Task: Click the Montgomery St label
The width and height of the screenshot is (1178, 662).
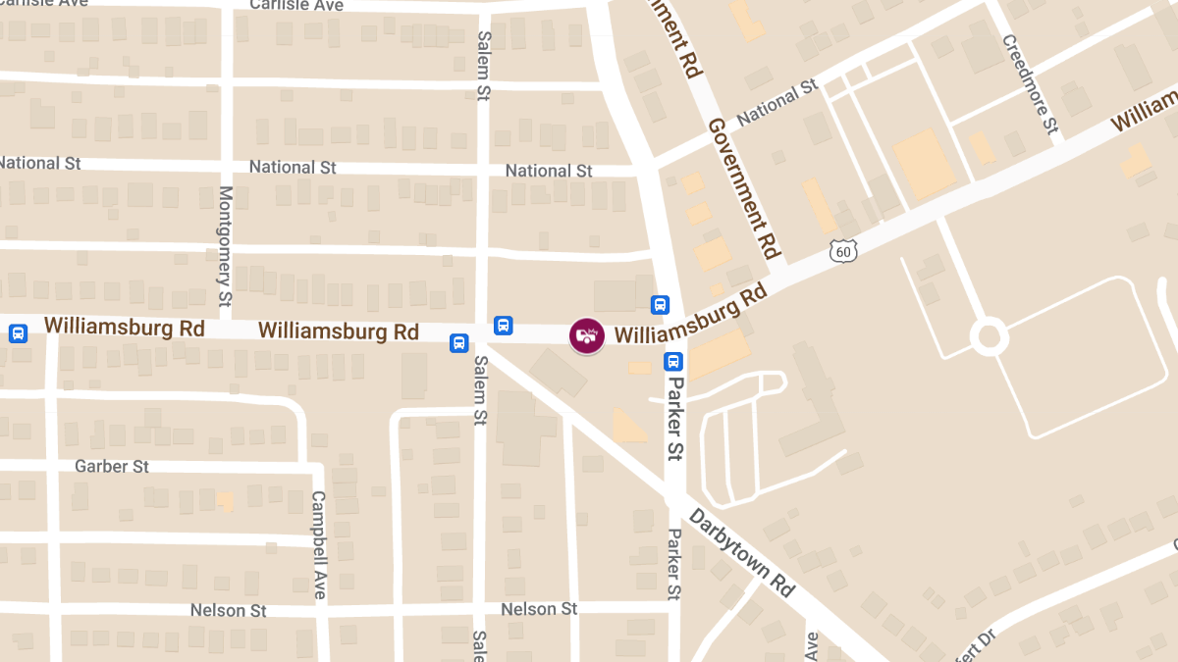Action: [x=225, y=244]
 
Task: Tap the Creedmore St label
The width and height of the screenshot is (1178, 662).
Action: [x=1030, y=84]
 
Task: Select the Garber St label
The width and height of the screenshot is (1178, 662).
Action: [x=112, y=466]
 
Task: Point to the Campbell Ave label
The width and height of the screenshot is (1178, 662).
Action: [x=318, y=544]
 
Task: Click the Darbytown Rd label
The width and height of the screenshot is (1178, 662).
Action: [x=741, y=552]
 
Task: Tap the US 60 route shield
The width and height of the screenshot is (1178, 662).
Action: [x=843, y=252]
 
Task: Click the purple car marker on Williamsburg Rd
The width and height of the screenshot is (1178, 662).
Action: [x=586, y=335]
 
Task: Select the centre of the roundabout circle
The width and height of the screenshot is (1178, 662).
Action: [x=989, y=337]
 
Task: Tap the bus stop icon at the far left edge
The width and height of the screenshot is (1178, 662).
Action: [x=18, y=333]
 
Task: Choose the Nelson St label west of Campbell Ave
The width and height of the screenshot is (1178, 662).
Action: [x=228, y=610]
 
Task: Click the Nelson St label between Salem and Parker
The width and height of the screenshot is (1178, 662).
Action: [x=539, y=609]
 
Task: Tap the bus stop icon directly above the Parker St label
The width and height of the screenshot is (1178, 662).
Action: [x=672, y=361]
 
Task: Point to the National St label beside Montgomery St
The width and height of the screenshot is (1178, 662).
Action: [x=293, y=167]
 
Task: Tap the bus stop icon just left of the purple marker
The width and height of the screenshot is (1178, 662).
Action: [x=504, y=325]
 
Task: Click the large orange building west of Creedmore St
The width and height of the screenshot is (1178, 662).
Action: [x=924, y=163]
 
